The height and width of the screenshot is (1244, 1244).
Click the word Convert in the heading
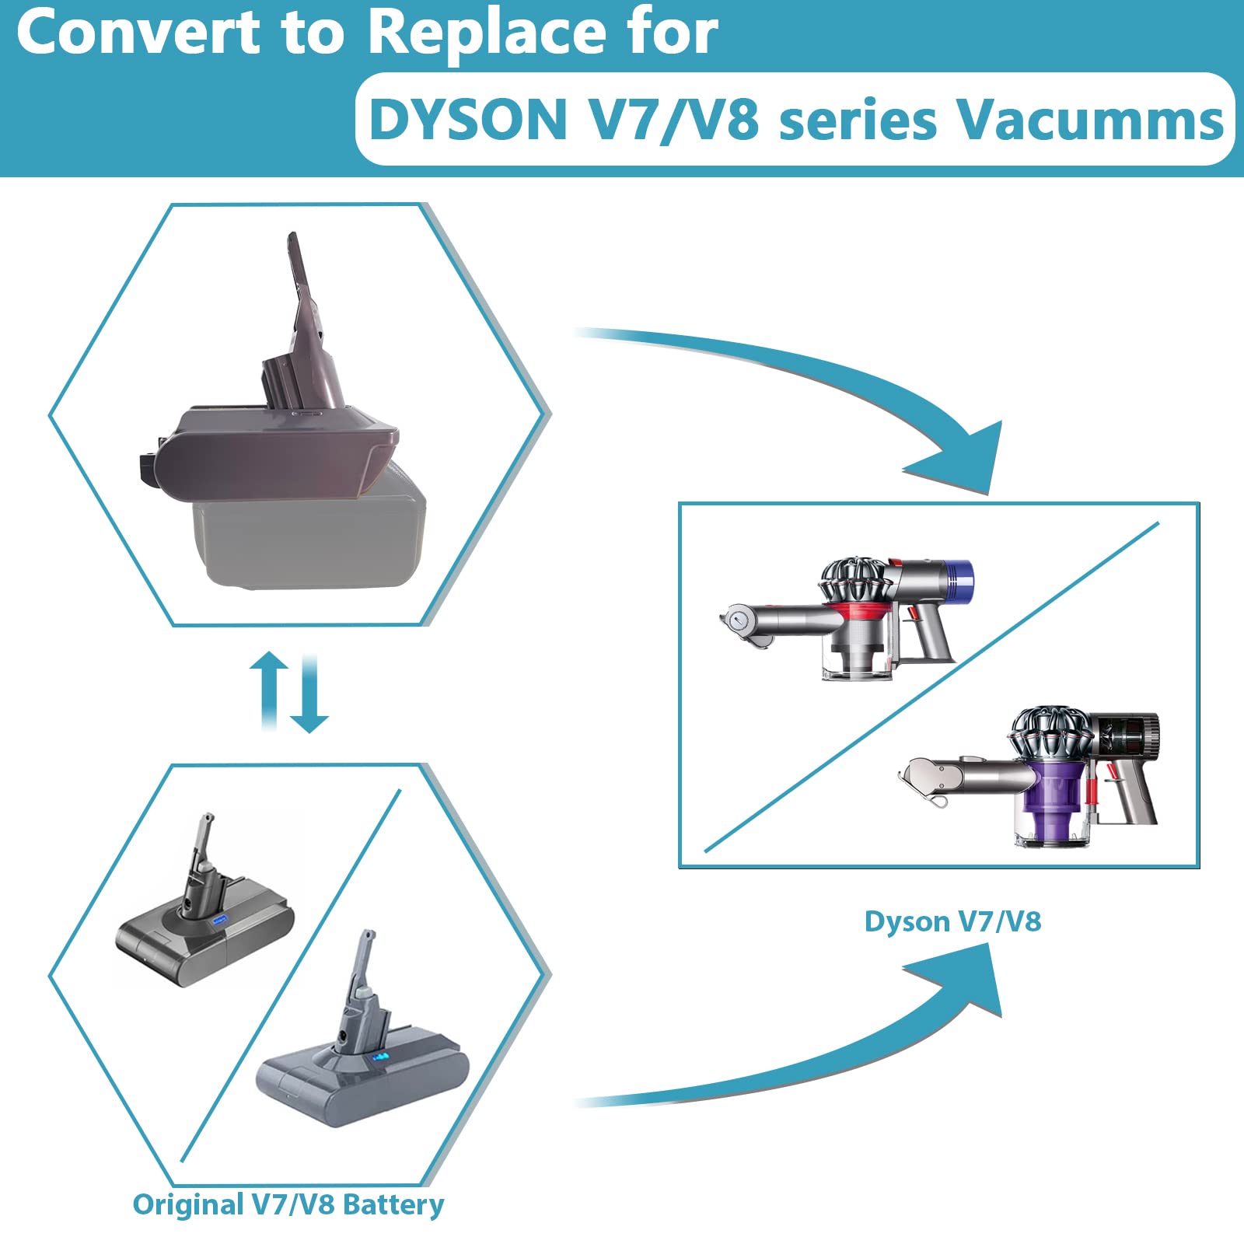tap(138, 32)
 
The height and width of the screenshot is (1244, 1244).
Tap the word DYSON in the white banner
tap(469, 121)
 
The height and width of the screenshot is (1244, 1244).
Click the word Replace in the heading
tap(488, 32)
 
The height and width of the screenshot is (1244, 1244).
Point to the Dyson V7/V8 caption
tap(952, 921)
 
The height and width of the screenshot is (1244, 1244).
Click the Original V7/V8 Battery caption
tap(288, 1204)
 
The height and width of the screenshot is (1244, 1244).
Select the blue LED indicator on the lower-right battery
tap(380, 1058)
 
